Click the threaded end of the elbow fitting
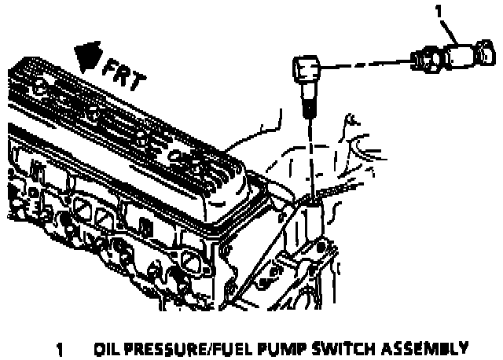[x=308, y=103]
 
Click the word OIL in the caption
[x=106, y=347]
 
